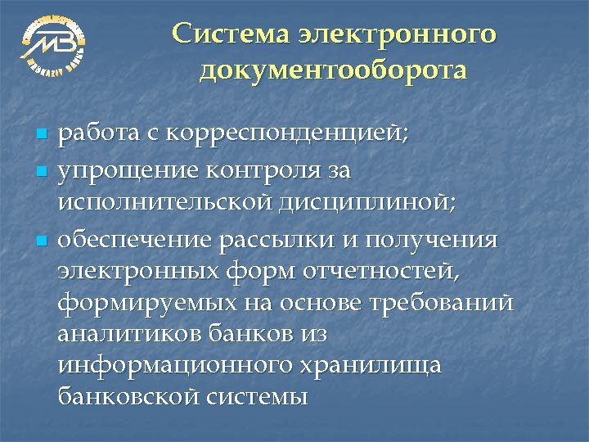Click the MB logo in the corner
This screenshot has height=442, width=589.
pyautogui.click(x=53, y=45)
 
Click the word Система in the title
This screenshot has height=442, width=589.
pyautogui.click(x=227, y=35)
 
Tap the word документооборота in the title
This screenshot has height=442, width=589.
pyautogui.click(x=334, y=71)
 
